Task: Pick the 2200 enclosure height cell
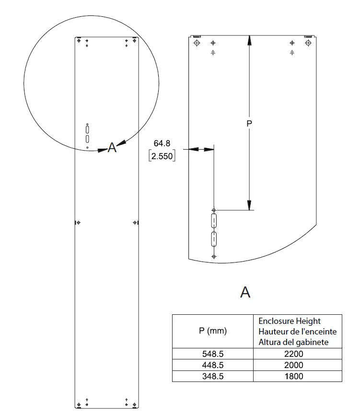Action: click(x=294, y=354)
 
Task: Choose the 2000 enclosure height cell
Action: click(x=294, y=365)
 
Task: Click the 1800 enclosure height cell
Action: click(x=294, y=377)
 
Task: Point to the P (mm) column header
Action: click(x=212, y=331)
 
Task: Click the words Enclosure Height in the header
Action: click(x=290, y=321)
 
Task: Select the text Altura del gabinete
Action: click(x=293, y=342)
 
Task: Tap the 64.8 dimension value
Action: click(x=162, y=143)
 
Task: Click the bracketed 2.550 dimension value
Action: click(x=162, y=156)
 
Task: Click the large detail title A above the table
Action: click(x=245, y=292)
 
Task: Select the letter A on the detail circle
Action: click(x=112, y=148)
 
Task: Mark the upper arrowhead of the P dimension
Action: click(x=249, y=41)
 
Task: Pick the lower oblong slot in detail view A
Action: click(x=214, y=238)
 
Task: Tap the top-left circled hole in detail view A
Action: click(x=197, y=43)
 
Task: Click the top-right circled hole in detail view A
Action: click(x=307, y=43)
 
